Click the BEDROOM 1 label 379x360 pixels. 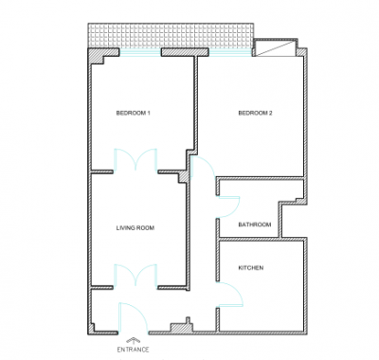(x=133, y=113)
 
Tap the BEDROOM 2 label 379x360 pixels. (x=255, y=113)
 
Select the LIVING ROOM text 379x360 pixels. (x=135, y=227)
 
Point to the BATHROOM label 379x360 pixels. (x=255, y=225)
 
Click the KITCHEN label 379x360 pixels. (x=250, y=268)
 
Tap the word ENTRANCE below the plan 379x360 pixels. (x=133, y=350)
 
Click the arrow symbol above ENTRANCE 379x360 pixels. (x=133, y=340)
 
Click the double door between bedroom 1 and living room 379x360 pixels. (x=135, y=160)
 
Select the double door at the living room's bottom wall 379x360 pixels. (x=135, y=276)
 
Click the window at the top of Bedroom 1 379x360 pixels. (x=140, y=52)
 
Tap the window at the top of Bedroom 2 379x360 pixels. (x=230, y=52)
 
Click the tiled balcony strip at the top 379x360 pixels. (x=171, y=35)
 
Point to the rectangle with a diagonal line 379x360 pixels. (x=276, y=48)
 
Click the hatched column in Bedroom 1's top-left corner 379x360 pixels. (x=96, y=57)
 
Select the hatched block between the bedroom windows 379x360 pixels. (x=185, y=52)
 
